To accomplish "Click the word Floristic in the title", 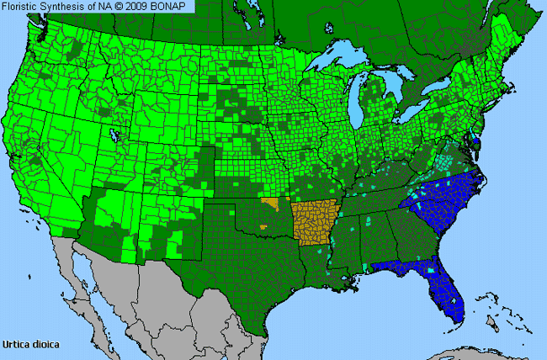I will pyautogui.click(x=20, y=6).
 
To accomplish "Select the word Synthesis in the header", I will pyautogui.click(x=64, y=6).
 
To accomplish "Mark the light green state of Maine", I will pyautogui.click(x=514, y=46).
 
